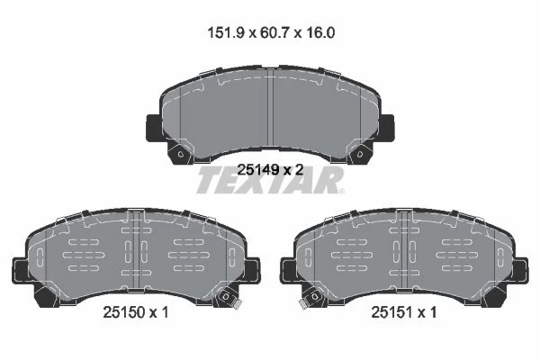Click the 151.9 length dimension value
point(226,33)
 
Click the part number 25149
point(258,169)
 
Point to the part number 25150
point(123,312)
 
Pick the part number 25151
point(391,312)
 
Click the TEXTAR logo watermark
point(269,180)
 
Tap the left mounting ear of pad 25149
point(154,128)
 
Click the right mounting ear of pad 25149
point(386,128)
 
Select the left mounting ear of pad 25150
point(20,271)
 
